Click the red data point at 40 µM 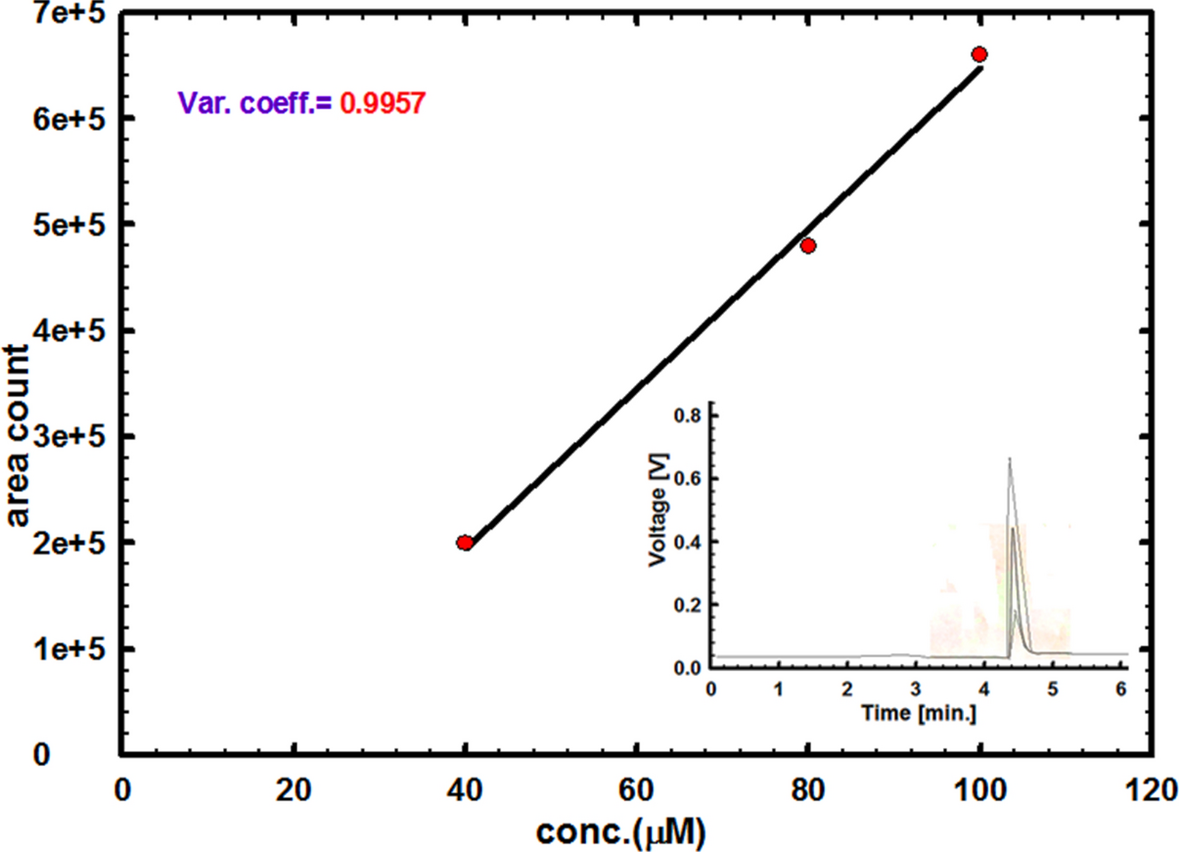point(464,543)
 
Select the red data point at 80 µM point(808,246)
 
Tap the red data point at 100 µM point(979,54)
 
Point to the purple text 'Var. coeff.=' point(255,102)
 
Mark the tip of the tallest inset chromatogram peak point(1010,458)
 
